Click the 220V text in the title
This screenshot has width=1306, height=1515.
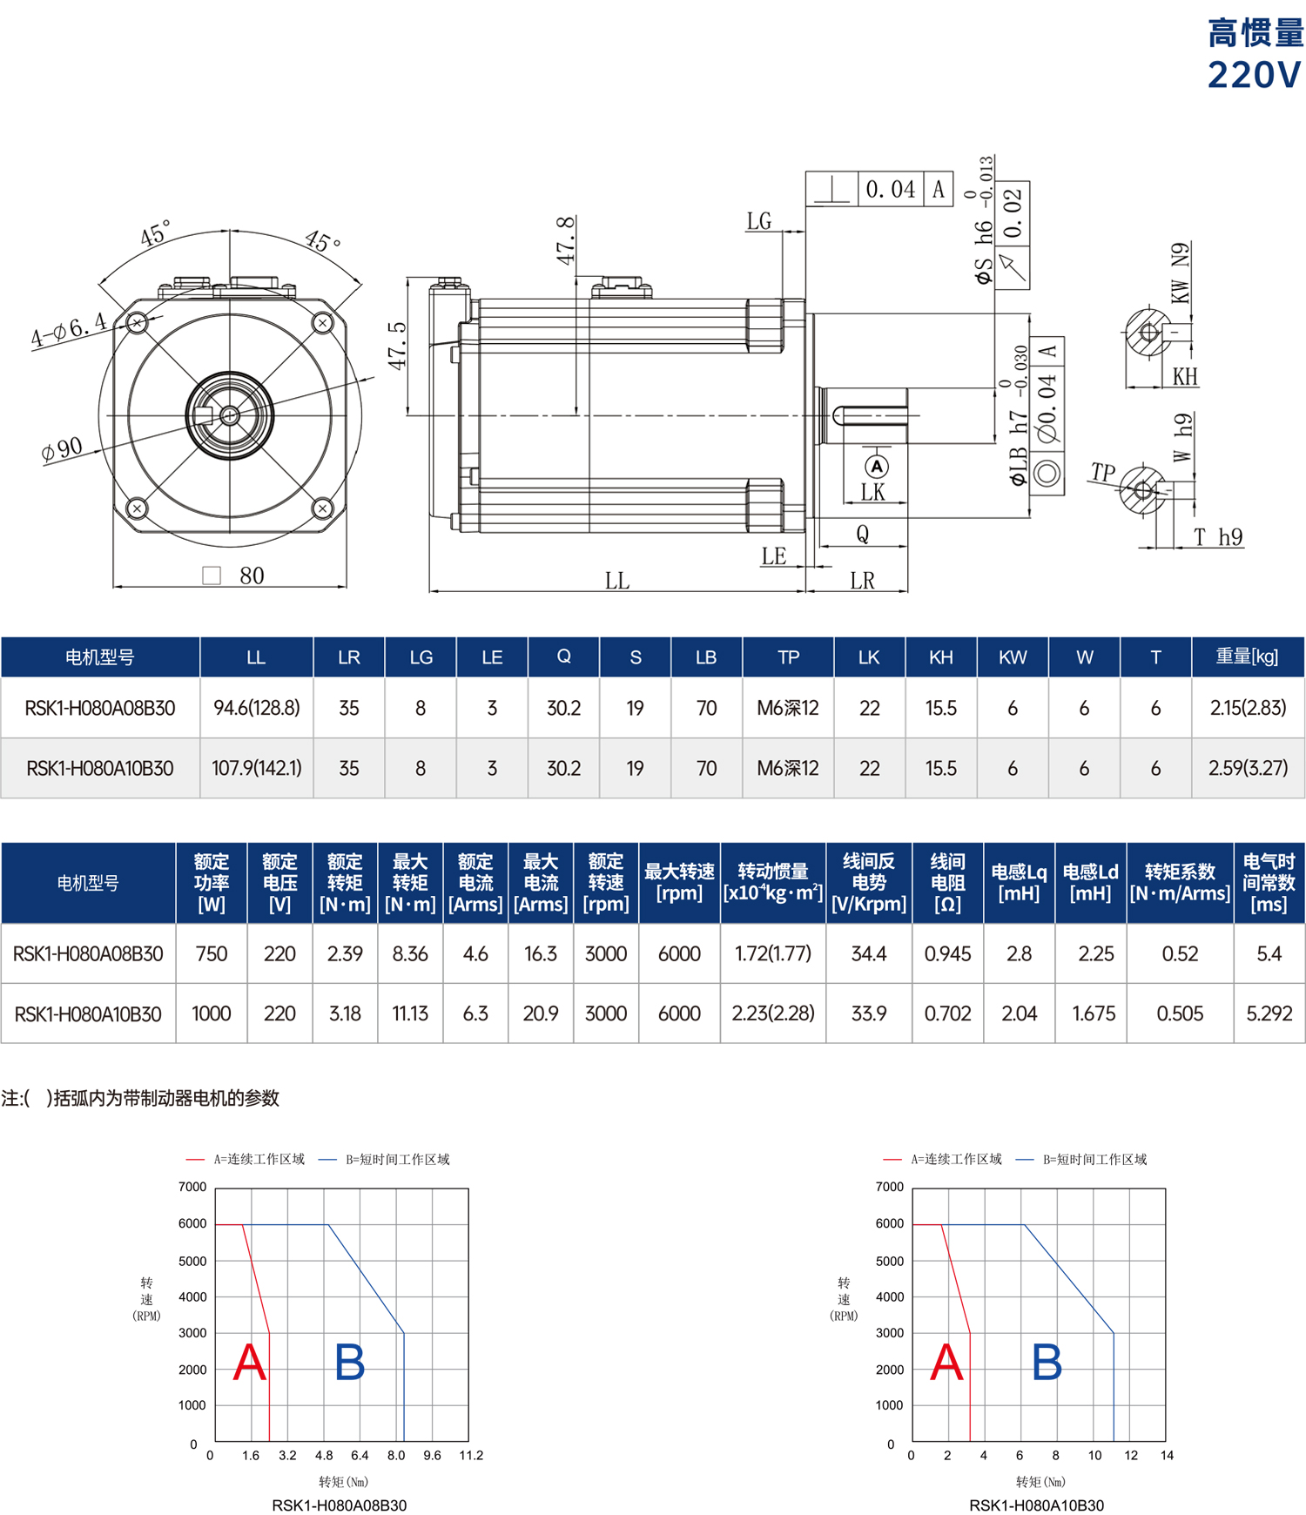pyautogui.click(x=1254, y=75)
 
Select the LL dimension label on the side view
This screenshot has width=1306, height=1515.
pyautogui.click(x=617, y=580)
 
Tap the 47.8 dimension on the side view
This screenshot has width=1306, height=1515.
pyautogui.click(x=566, y=241)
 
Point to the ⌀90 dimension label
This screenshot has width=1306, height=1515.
pyautogui.click(x=62, y=449)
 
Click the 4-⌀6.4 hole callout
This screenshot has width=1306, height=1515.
pyautogui.click(x=69, y=329)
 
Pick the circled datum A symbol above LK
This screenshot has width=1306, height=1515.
pyautogui.click(x=877, y=466)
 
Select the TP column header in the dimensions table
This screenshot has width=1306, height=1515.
pyautogui.click(x=788, y=657)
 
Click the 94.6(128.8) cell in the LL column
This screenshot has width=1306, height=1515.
pyautogui.click(x=257, y=708)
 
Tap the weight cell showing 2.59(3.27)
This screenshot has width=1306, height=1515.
pyautogui.click(x=1248, y=768)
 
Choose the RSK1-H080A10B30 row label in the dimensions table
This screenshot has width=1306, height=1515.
pyautogui.click(x=100, y=768)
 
